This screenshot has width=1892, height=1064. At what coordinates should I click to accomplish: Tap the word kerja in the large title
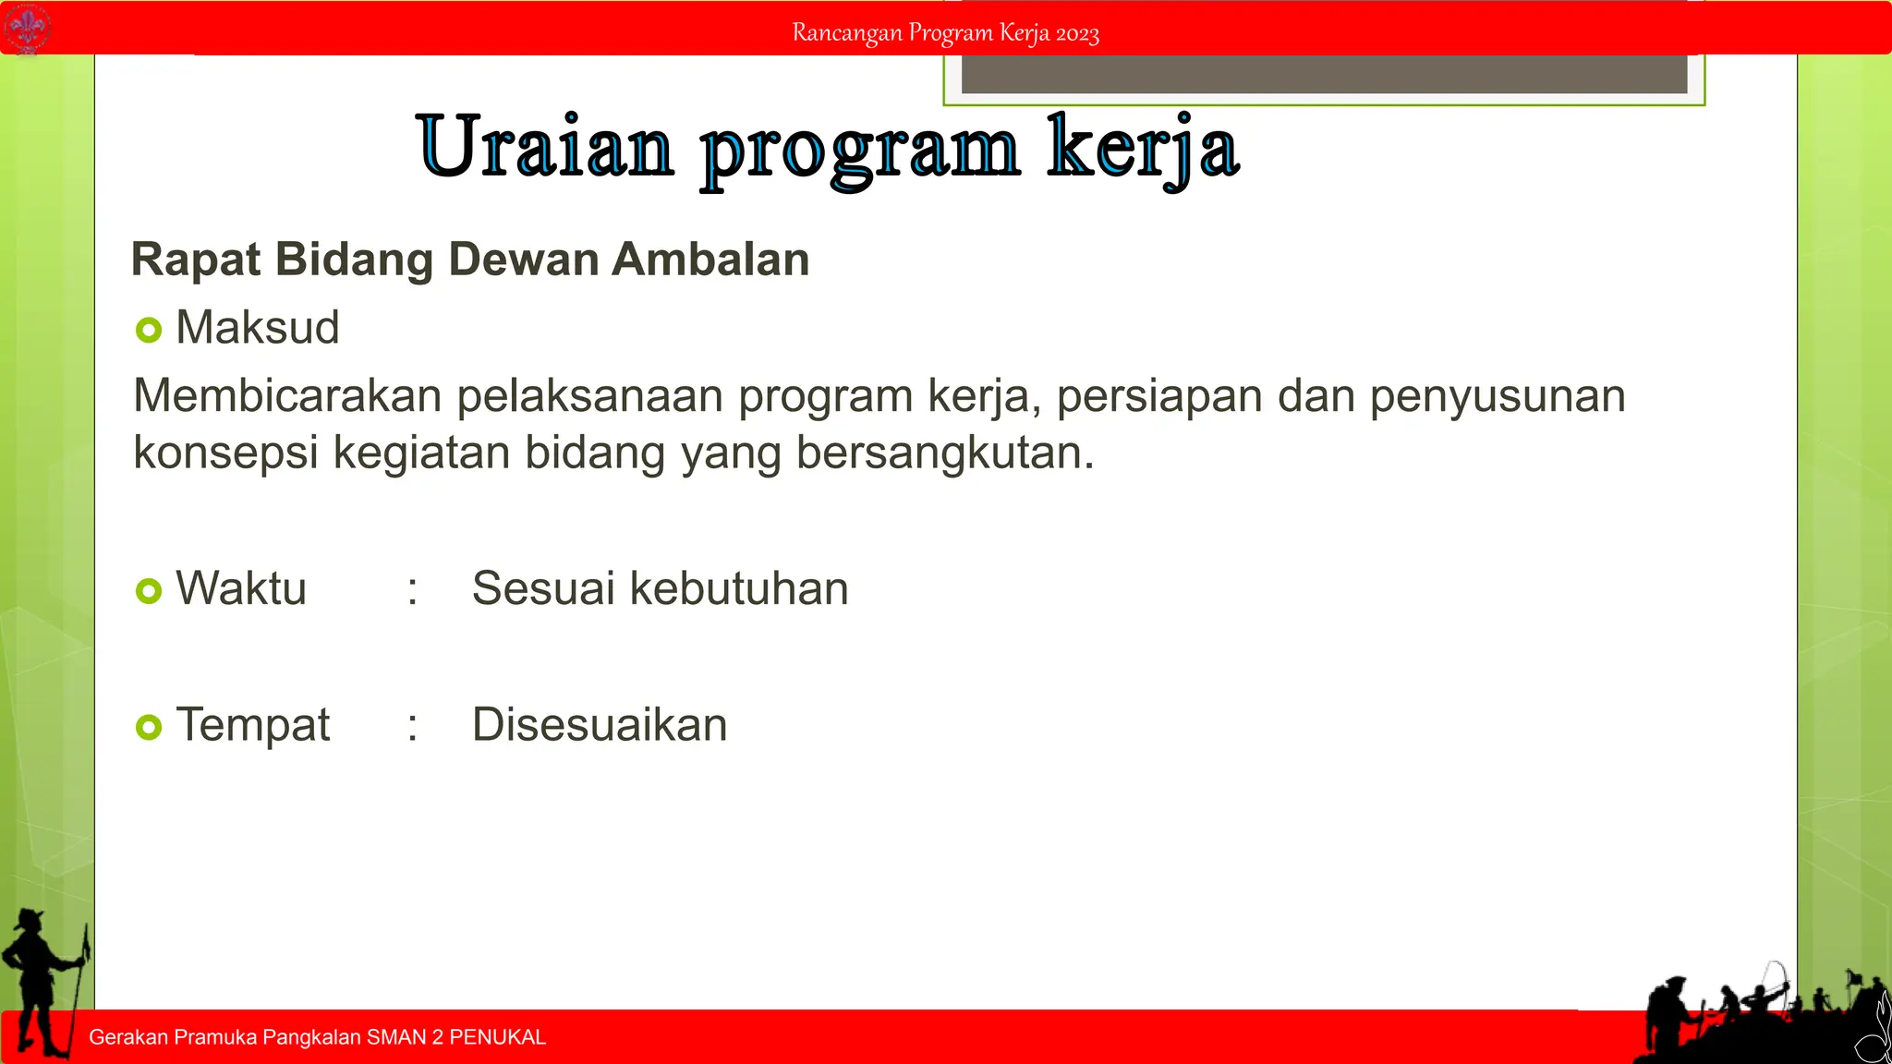click(x=1143, y=148)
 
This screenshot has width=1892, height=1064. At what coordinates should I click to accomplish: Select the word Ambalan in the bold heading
click(x=710, y=260)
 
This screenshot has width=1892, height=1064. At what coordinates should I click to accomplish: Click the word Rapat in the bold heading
click(x=196, y=260)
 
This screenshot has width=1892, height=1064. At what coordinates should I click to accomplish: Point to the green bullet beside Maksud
click(x=149, y=330)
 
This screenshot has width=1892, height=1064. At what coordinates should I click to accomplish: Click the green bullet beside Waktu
click(x=149, y=590)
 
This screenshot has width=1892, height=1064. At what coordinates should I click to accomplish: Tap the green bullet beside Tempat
click(x=149, y=727)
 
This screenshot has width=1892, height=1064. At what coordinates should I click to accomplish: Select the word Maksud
click(x=258, y=328)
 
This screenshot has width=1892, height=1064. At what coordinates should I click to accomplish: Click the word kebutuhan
click(x=738, y=589)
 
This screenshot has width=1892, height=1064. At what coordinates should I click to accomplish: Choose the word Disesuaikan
click(x=600, y=725)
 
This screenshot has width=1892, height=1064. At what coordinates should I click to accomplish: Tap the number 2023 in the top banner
click(x=1077, y=34)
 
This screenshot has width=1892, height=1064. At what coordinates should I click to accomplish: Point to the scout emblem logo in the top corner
click(x=27, y=28)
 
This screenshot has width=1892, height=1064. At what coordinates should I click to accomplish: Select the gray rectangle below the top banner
click(x=1324, y=74)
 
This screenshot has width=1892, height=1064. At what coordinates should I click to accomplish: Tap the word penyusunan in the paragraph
click(x=1497, y=396)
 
